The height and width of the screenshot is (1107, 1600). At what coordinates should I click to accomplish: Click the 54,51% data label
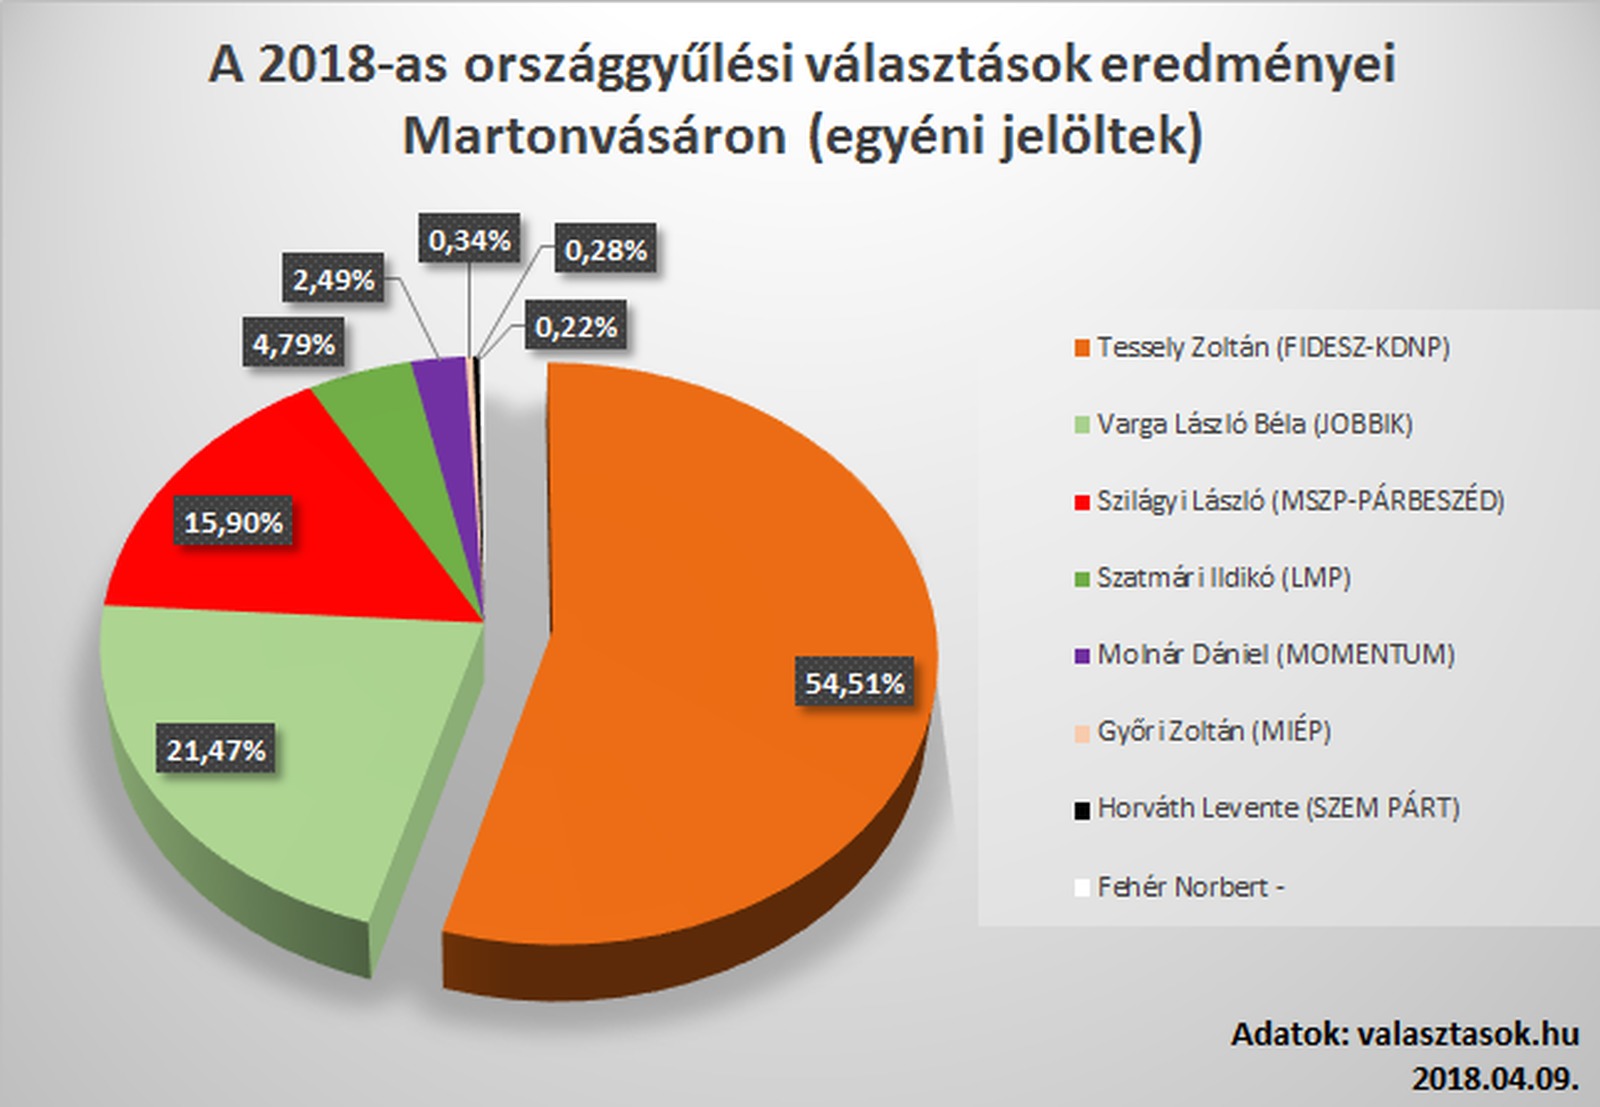point(855,683)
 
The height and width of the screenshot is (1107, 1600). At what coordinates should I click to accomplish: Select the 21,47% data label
point(216,750)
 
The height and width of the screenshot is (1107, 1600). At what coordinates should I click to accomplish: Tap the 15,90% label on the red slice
point(234,522)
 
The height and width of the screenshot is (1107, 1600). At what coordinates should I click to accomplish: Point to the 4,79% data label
point(293,344)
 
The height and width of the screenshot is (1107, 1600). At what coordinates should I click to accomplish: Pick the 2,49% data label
point(334,280)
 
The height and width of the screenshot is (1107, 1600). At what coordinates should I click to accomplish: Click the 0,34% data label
point(469,240)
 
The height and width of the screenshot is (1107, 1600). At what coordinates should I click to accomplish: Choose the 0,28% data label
point(605,250)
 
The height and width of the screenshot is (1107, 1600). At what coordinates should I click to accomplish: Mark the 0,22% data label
point(576,327)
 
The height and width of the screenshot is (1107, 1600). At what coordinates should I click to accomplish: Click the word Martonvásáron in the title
point(594,137)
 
